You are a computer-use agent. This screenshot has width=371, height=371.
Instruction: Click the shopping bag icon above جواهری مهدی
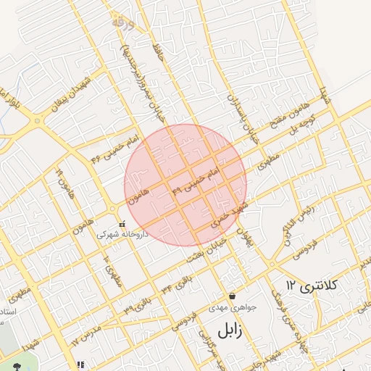tap(232, 296)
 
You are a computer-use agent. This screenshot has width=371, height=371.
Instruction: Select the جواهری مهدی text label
tap(229, 307)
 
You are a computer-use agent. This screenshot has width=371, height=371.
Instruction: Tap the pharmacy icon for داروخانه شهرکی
tap(122, 224)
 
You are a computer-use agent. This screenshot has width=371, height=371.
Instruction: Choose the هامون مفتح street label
tap(288, 115)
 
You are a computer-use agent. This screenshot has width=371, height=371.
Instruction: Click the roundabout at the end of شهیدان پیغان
tap(34, 122)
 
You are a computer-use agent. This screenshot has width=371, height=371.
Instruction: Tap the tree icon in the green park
tap(15, 364)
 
